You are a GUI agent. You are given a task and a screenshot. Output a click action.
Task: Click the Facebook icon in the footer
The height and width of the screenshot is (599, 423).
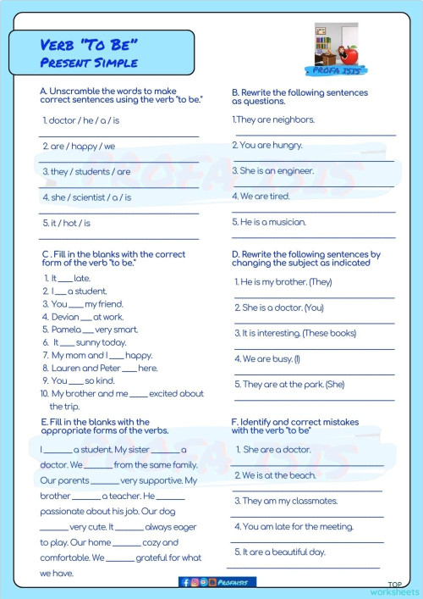(185, 582)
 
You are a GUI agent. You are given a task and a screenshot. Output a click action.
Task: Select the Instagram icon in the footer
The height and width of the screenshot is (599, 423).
(195, 582)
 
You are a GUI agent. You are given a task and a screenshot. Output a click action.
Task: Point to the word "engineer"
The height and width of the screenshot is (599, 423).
(295, 170)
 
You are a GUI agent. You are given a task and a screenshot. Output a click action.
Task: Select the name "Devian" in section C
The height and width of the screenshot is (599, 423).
(65, 316)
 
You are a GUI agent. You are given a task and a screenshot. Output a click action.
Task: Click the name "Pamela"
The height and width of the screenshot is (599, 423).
(66, 329)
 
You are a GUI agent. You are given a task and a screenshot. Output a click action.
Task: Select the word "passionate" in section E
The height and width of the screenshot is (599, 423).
(66, 512)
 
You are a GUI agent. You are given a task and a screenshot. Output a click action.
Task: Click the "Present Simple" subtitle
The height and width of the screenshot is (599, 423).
(88, 63)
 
